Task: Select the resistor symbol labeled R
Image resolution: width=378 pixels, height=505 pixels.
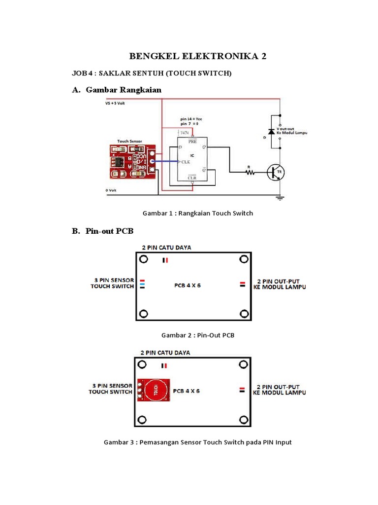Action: point(251,172)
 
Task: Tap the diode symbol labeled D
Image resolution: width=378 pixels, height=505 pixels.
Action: point(271,132)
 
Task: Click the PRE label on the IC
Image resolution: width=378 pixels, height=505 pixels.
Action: point(192,141)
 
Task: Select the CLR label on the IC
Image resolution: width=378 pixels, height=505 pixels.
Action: point(192,178)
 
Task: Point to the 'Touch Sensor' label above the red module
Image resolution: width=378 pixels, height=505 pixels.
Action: point(129,141)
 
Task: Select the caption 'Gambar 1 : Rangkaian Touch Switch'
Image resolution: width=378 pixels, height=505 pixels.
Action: point(197,213)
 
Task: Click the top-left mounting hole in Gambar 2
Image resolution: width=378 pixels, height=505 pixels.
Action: point(143,260)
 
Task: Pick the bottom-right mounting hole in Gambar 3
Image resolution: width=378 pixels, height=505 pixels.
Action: point(243,419)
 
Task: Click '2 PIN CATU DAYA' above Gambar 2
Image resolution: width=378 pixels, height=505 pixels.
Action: point(166,247)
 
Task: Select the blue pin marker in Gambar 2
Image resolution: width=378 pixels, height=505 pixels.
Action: point(142,284)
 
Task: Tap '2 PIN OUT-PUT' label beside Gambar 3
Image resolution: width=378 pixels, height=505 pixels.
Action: point(279,387)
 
